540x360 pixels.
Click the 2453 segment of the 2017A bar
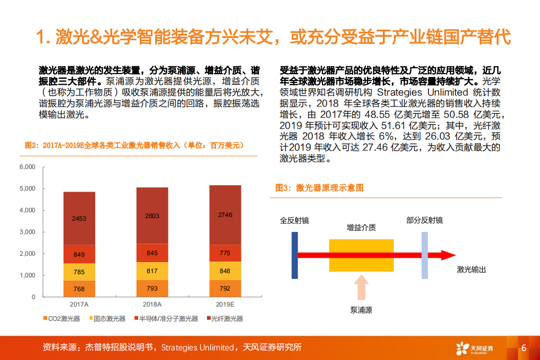click(79, 218)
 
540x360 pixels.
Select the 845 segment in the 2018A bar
click(152, 253)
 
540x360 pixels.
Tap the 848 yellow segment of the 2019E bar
click(226, 271)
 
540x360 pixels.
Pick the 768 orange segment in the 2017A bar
click(79, 289)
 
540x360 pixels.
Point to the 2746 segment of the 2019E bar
click(226, 214)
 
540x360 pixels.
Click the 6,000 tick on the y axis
click(27, 167)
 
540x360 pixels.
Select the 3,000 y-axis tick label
click(27, 232)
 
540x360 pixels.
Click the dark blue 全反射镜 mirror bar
click(294, 255)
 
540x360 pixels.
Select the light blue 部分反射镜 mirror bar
click(425, 255)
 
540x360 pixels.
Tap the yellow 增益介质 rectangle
click(362, 255)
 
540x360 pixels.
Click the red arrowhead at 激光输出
click(448, 255)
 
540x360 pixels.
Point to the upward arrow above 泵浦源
click(362, 287)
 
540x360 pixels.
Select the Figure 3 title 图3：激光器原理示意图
click(319, 188)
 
